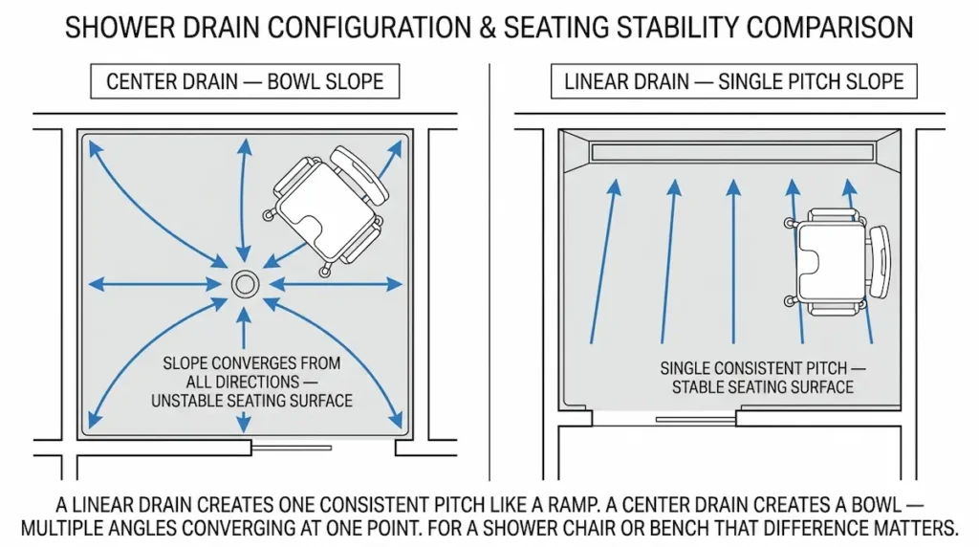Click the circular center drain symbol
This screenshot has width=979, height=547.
tap(246, 283)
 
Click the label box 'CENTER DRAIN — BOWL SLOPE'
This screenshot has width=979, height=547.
tap(245, 81)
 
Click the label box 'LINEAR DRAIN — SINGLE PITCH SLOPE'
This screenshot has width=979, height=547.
tap(733, 81)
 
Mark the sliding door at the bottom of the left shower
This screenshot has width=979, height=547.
tap(291, 447)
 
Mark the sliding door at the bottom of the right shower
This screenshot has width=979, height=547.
tap(695, 419)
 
